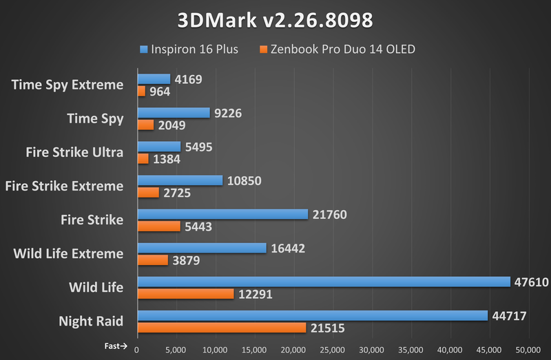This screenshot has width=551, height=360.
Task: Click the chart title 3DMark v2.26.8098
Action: point(275,20)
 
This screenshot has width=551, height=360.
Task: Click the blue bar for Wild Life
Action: point(324,282)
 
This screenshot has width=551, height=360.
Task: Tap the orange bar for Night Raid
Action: point(222,328)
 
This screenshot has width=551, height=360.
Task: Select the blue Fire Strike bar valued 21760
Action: point(222,215)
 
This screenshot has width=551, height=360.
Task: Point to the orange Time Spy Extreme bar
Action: point(141,91)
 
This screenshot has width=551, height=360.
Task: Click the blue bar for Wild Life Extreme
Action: point(202,248)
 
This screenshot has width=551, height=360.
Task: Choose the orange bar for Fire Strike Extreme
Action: point(148,192)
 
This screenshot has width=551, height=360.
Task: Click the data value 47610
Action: point(531,282)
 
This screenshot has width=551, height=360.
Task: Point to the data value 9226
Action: point(229,113)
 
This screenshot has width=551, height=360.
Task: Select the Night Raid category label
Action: point(91,321)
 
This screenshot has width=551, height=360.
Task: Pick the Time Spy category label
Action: point(95,118)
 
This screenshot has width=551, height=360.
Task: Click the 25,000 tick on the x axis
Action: point(333,350)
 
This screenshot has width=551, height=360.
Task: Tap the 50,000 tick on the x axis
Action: point(528,350)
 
